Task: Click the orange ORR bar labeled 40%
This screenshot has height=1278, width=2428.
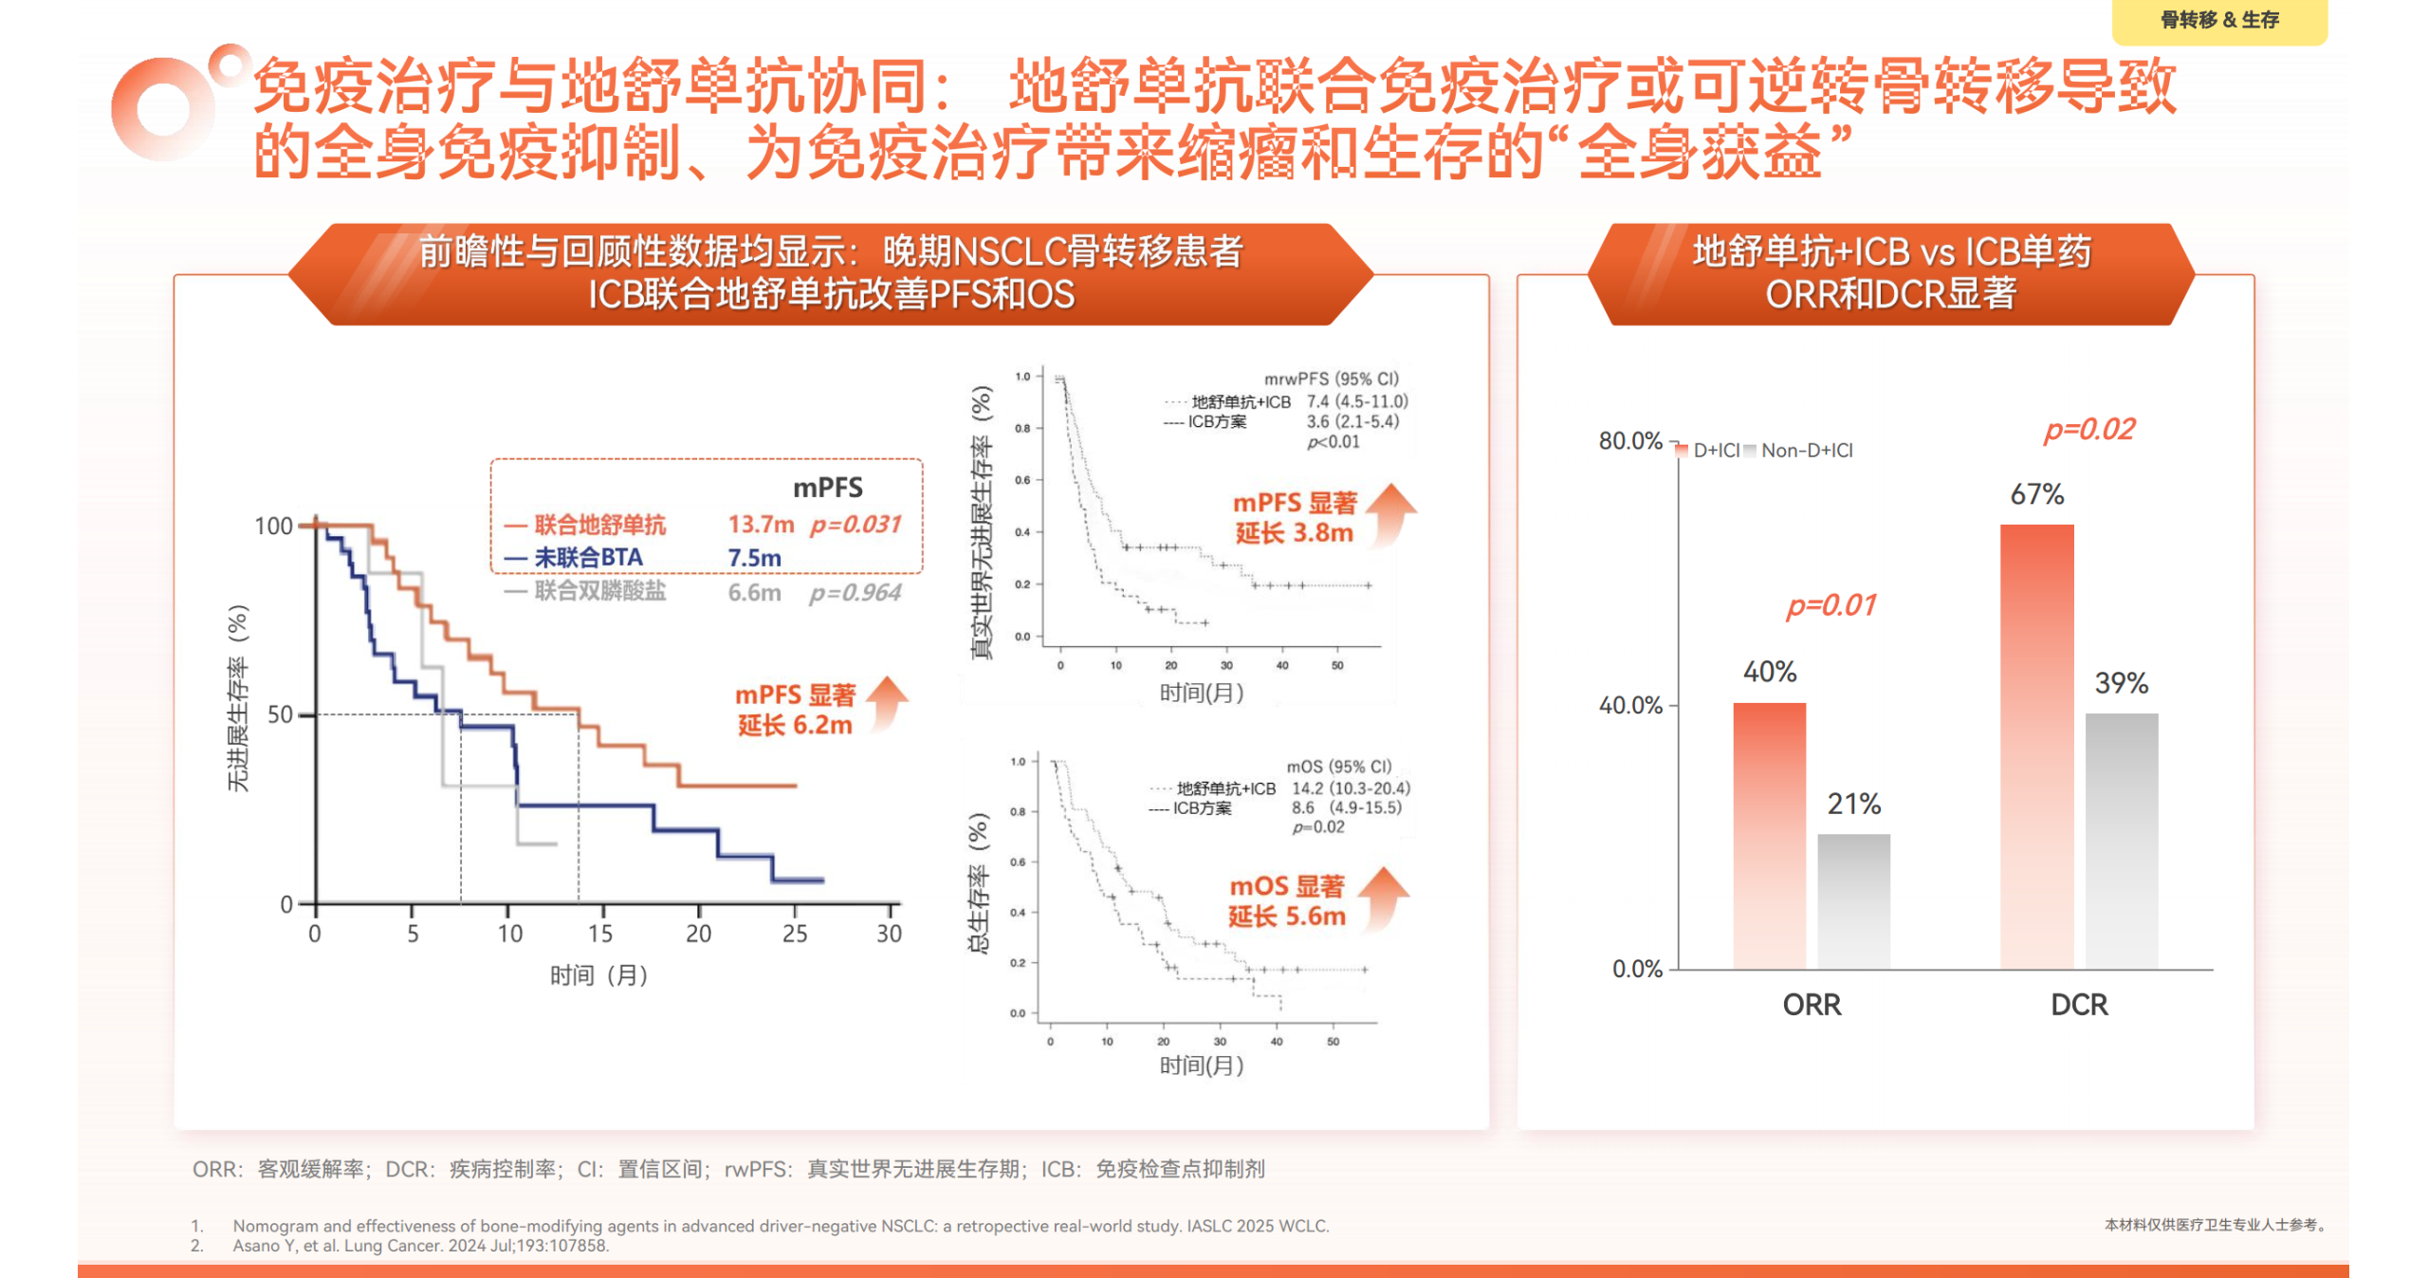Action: click(1769, 835)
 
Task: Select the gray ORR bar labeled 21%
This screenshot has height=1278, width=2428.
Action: click(1853, 900)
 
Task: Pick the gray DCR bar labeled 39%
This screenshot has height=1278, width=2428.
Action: click(2121, 840)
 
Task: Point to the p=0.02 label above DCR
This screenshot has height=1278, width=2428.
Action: click(2088, 430)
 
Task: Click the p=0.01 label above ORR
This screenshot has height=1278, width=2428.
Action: click(1830, 605)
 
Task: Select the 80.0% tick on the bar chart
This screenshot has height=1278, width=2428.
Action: click(1629, 441)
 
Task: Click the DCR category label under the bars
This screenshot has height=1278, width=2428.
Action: click(2078, 1004)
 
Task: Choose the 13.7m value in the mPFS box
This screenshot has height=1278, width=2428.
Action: click(761, 525)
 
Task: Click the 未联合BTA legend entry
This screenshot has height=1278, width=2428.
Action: click(588, 558)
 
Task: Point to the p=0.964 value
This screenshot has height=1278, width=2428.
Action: click(855, 593)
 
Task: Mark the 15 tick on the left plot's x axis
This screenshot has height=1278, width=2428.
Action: click(600, 934)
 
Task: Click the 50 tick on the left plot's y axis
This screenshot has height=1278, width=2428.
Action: click(280, 714)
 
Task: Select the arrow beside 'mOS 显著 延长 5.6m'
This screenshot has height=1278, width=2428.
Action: click(1384, 897)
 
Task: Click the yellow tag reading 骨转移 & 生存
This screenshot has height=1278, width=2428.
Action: click(2218, 20)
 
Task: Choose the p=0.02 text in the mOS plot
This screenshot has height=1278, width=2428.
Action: click(1318, 827)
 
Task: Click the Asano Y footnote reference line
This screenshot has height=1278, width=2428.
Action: click(420, 1246)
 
